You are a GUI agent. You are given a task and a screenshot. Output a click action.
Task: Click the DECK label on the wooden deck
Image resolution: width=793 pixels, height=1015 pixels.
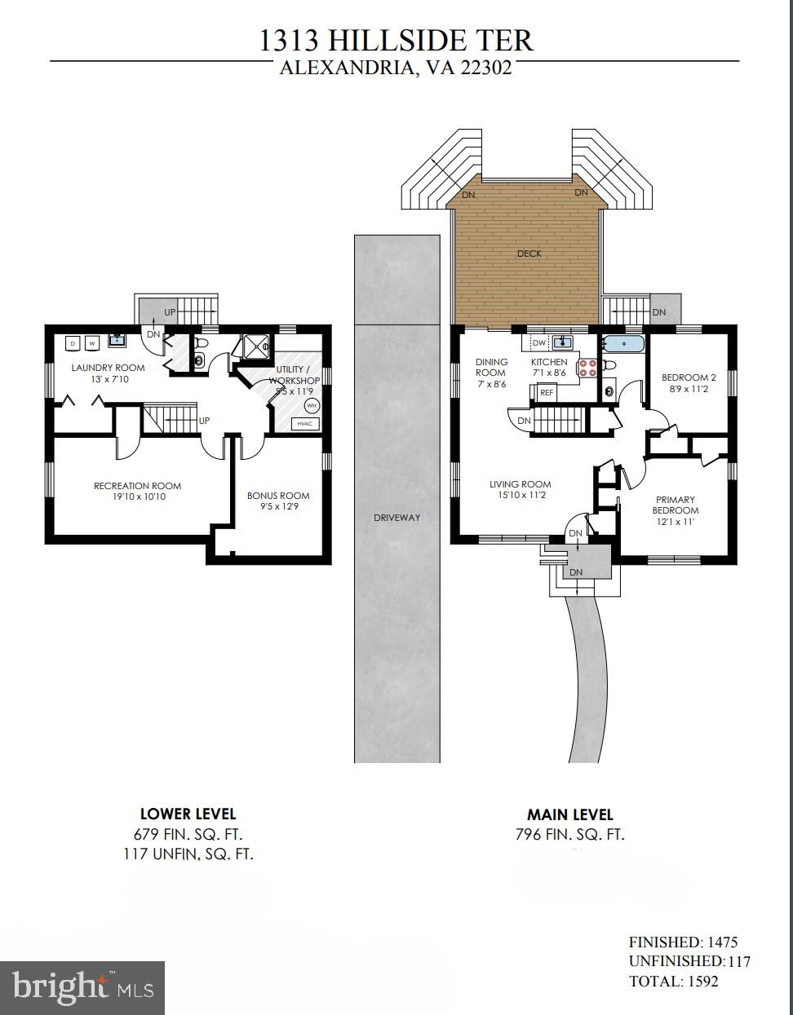coord(529,254)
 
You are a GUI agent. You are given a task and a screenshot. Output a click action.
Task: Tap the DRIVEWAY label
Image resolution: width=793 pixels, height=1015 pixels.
coord(396,518)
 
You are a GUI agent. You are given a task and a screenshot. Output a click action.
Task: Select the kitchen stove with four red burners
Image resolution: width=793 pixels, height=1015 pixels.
coord(588,368)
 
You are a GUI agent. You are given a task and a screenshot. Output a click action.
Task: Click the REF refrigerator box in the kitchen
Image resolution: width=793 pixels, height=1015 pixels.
coord(547,393)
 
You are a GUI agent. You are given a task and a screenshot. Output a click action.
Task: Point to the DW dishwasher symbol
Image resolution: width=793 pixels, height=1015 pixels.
coord(538,342)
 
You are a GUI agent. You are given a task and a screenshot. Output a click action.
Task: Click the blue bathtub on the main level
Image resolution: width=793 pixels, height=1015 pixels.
coord(623,344)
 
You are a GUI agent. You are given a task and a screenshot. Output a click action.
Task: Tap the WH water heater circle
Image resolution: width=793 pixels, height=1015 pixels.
coord(312,405)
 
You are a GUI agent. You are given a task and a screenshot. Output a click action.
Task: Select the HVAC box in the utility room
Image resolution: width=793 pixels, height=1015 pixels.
coord(306,424)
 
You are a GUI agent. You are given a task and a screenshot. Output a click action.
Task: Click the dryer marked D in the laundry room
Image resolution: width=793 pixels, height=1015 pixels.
coord(73,343)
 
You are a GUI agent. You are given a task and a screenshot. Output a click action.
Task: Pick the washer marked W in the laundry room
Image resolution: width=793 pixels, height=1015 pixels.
coord(92,343)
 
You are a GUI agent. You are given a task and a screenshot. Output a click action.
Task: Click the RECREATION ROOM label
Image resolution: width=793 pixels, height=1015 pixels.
coord(137,486)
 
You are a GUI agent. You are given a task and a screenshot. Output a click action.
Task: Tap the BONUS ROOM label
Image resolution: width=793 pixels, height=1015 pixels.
coord(278,496)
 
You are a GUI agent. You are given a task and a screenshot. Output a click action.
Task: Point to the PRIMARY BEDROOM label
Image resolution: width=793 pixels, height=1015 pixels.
coord(676,505)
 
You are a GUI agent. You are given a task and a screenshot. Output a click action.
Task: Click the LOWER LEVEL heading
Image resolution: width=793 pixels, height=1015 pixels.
coord(188,814)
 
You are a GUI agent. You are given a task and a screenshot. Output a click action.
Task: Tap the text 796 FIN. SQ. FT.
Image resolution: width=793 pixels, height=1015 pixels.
coord(569,834)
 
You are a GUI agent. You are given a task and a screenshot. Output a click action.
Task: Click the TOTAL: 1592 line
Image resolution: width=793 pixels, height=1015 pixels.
coord(673,981)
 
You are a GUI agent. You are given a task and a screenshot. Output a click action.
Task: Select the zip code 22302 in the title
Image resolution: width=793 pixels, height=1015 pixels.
coord(486,68)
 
